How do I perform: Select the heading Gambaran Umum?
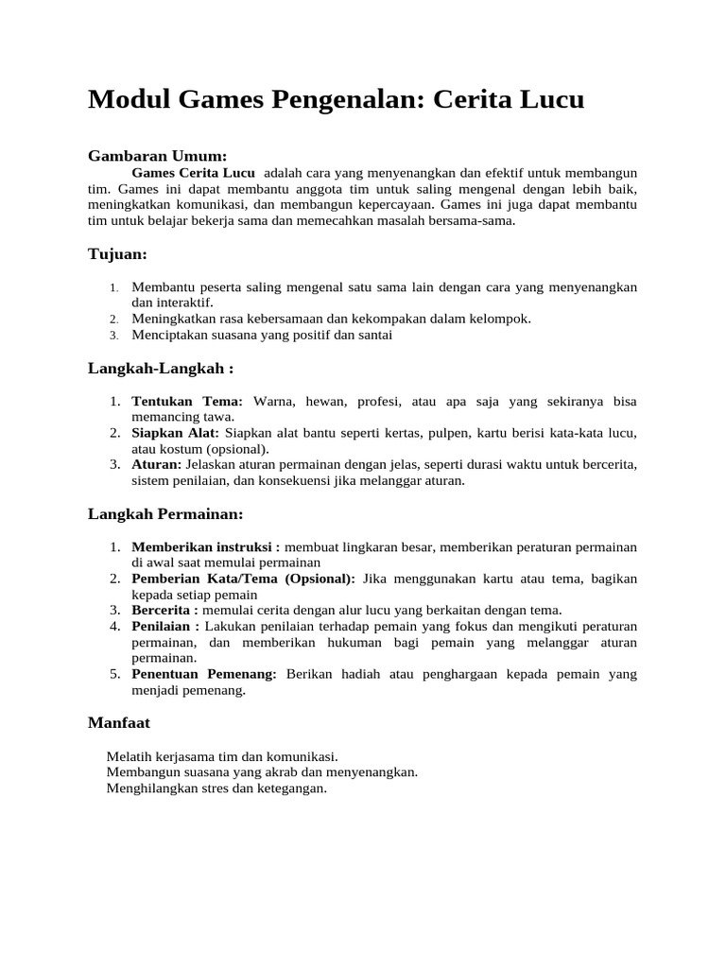(x=157, y=155)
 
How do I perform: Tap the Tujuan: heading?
(x=117, y=254)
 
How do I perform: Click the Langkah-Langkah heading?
(x=161, y=368)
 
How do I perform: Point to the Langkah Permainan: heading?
(x=165, y=513)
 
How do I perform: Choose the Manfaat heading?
(x=119, y=722)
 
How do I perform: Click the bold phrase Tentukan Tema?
(x=187, y=402)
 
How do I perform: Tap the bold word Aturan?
(x=157, y=464)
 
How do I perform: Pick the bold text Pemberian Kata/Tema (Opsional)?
(x=244, y=579)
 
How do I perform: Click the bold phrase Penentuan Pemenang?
(x=204, y=674)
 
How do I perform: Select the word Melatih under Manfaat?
(x=130, y=756)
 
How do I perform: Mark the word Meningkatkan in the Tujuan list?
(x=174, y=319)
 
